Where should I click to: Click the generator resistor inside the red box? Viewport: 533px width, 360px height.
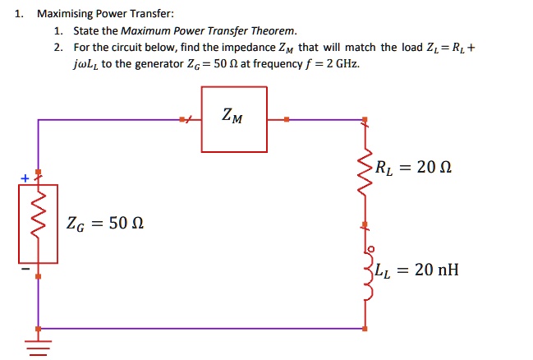click(x=37, y=223)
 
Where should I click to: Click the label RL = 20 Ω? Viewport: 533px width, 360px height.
click(x=413, y=168)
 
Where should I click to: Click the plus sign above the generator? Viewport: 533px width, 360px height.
click(x=25, y=178)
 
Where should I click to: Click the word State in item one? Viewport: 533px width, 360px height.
click(x=86, y=31)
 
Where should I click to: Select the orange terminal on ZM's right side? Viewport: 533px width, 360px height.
click(x=286, y=120)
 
